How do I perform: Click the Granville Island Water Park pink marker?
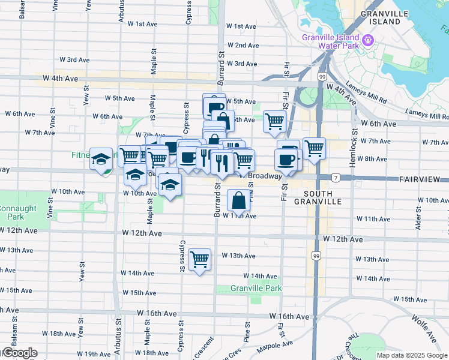tap(368, 41)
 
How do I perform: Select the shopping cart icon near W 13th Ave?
tap(199, 260)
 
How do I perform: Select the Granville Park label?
tap(257, 289)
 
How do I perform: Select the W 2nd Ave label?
tap(243, 46)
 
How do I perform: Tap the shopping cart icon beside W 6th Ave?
tap(274, 121)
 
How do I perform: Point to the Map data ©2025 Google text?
tap(412, 355)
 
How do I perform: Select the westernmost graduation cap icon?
tap(101, 159)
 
